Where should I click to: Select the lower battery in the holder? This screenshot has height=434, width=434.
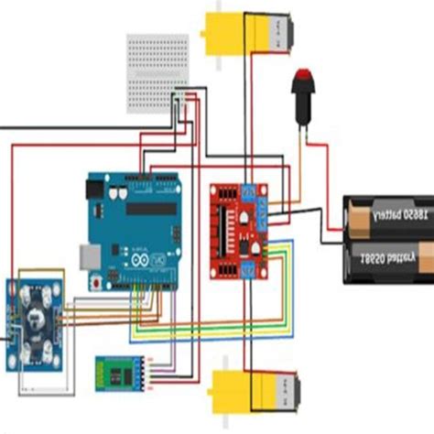pos(388,256)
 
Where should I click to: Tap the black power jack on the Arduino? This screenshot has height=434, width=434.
pos(94,190)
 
